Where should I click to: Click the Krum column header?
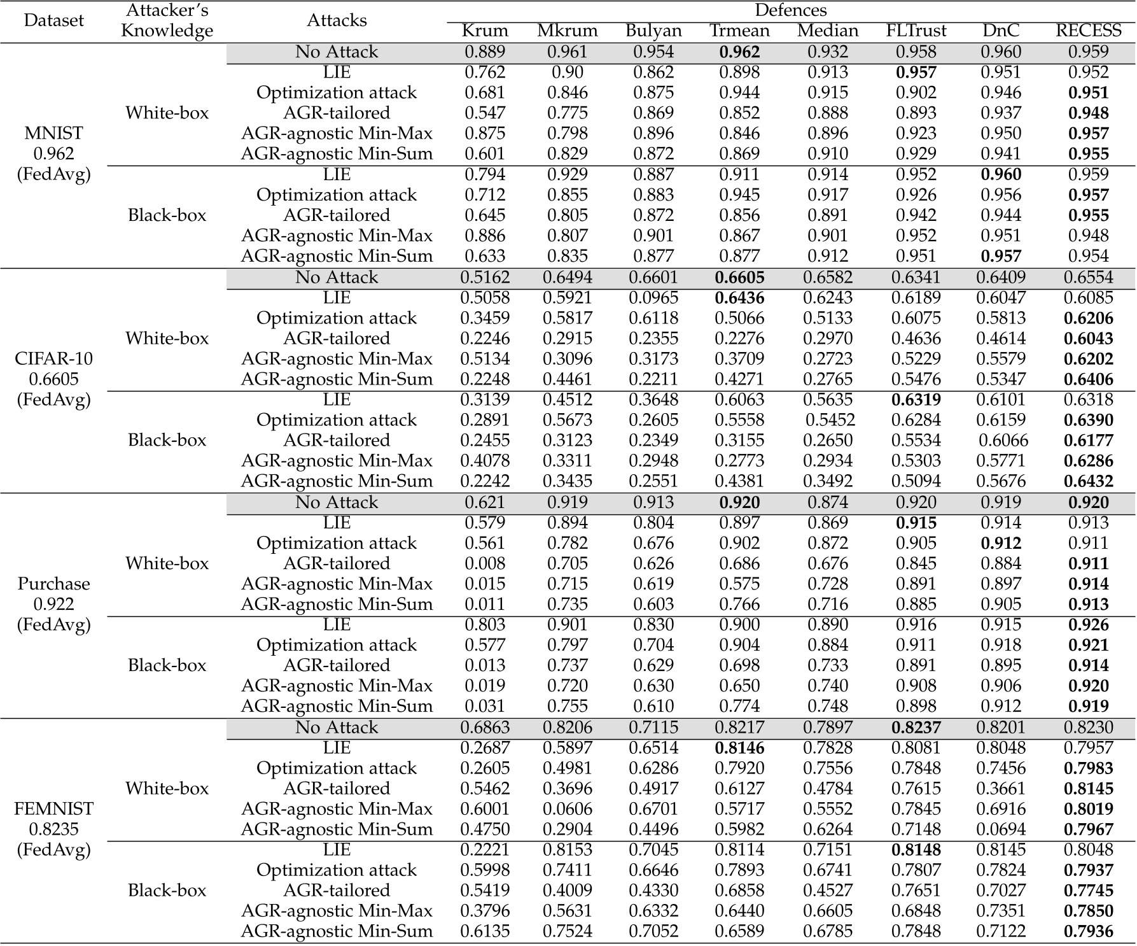tap(485, 31)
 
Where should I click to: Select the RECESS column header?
tap(1089, 31)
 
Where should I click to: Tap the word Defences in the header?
tap(791, 10)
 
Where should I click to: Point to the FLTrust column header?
tap(916, 31)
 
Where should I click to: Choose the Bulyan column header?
tap(653, 31)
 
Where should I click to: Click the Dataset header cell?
tap(54, 20)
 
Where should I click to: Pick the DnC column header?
tap(1000, 31)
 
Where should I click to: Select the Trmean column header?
tap(739, 31)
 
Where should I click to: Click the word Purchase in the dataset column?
tap(54, 584)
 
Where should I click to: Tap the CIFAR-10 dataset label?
tap(54, 358)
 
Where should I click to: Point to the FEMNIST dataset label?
tap(54, 808)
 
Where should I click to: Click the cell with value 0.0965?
tap(653, 297)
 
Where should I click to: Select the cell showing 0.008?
tap(485, 563)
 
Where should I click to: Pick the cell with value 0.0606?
tap(568, 808)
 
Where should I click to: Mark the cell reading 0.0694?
tap(1000, 829)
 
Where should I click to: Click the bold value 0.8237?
tap(916, 727)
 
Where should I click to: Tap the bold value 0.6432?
tap(1089, 481)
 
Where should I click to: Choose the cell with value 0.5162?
tap(485, 277)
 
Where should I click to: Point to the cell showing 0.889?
tap(485, 52)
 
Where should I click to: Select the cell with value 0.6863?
tap(485, 727)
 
